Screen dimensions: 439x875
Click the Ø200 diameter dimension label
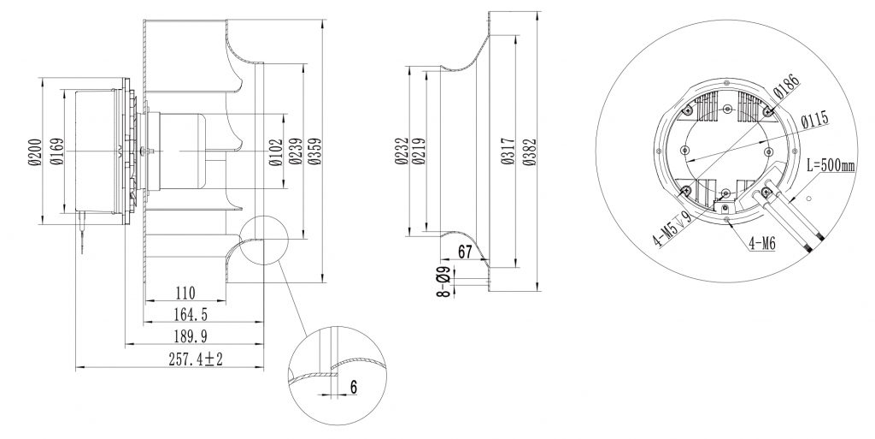pos(34,151)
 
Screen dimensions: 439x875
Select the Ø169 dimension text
pos(56,151)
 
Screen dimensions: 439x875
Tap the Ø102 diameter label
pos(275,151)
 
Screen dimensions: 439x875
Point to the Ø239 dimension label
pos(295,151)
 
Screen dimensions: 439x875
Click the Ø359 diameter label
pos(314,151)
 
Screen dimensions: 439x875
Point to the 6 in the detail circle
pos(353,387)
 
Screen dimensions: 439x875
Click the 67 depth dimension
pos(466,251)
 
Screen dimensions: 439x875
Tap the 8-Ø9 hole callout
pos(443,282)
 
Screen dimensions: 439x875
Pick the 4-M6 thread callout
pos(761,243)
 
